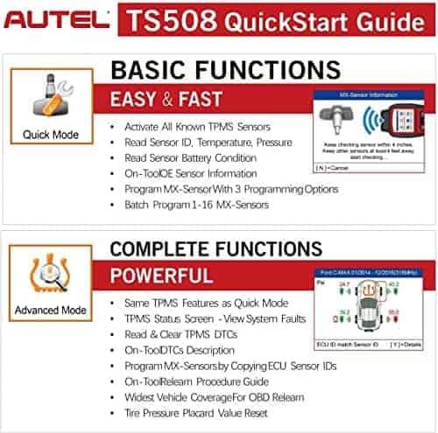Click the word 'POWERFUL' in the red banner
[x=166, y=276]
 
